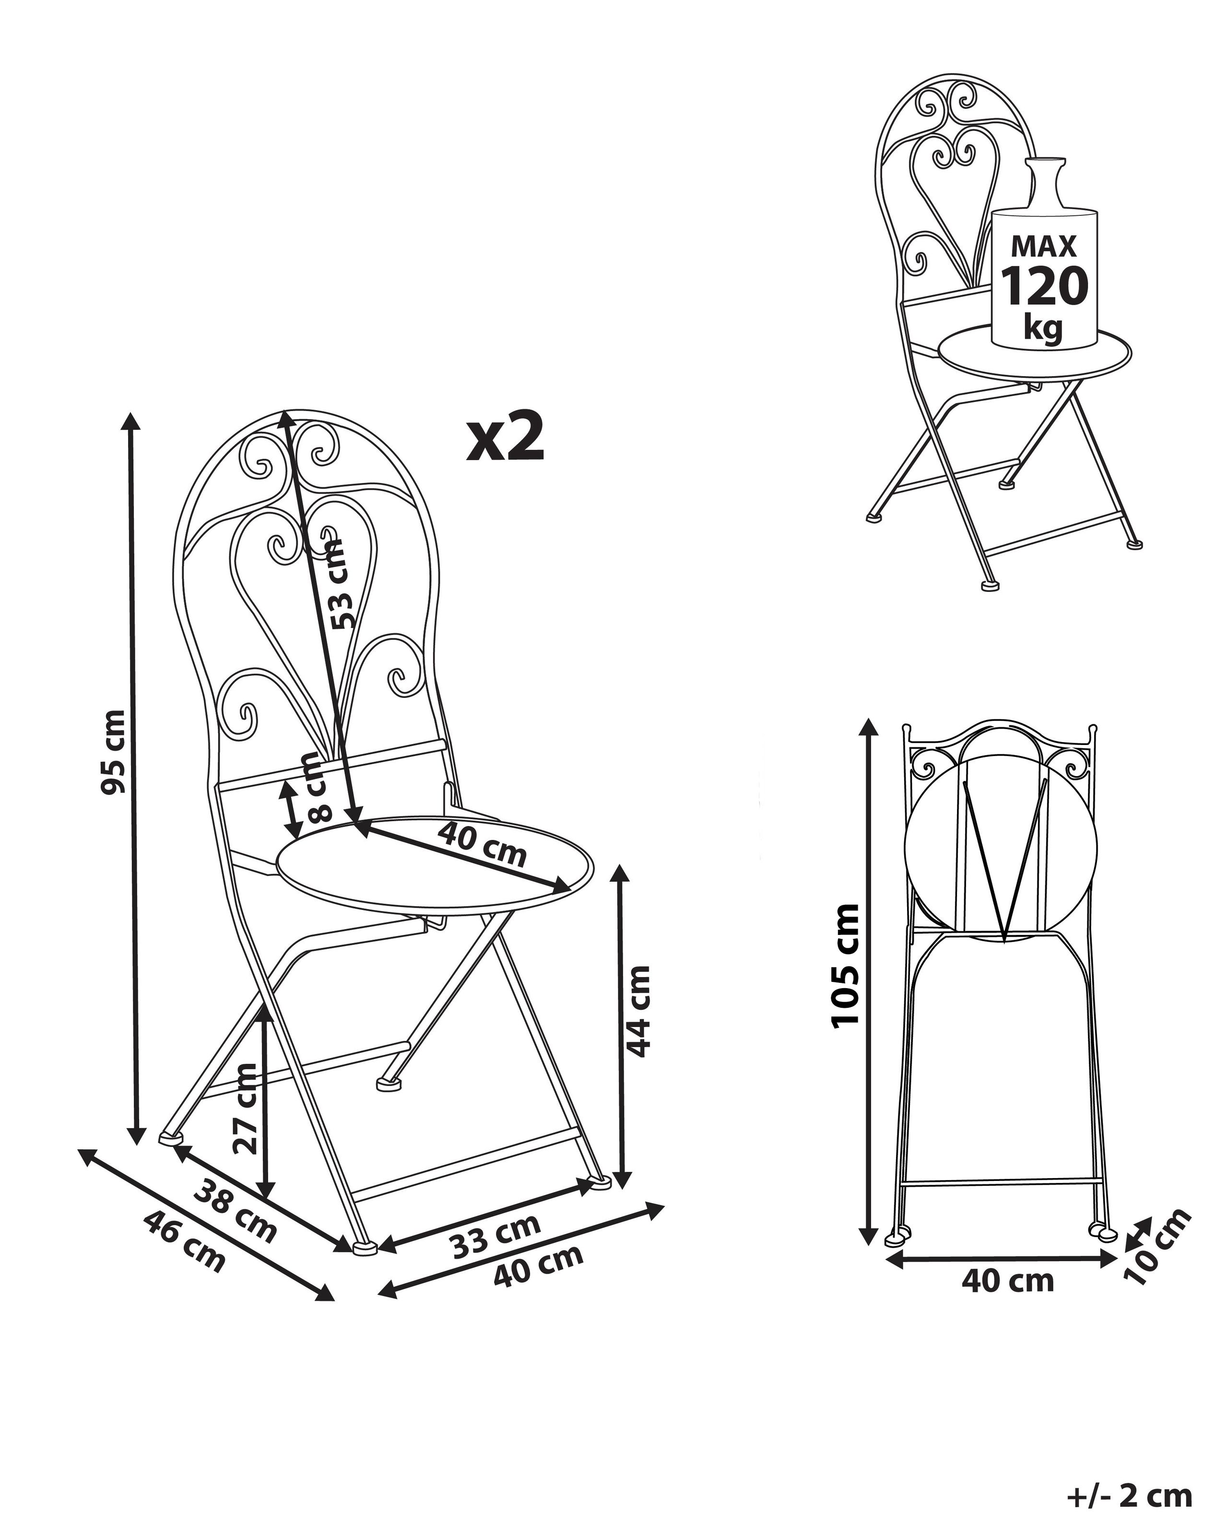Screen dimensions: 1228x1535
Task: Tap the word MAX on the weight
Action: click(1045, 246)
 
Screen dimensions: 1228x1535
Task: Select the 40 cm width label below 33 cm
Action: click(539, 1268)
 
